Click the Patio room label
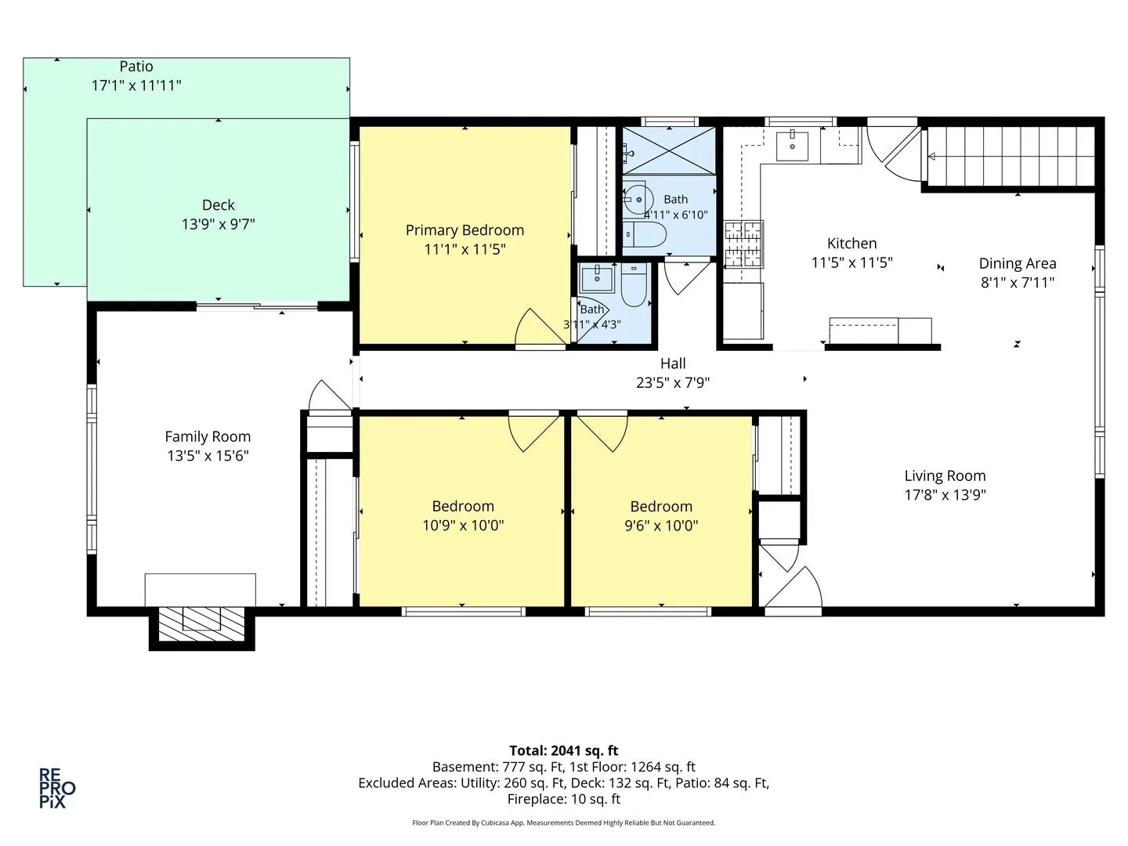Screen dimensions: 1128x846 (136, 67)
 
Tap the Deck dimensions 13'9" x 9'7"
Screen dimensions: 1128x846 (219, 225)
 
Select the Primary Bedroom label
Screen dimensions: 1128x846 (465, 230)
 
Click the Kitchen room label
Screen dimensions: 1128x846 (851, 244)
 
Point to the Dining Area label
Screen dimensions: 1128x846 (1018, 264)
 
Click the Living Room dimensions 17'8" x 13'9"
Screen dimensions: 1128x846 (945, 494)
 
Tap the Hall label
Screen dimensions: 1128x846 (673, 363)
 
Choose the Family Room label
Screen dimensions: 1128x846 (208, 437)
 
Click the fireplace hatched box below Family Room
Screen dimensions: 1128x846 (201, 624)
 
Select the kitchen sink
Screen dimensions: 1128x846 (792, 146)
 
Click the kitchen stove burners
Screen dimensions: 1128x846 (743, 244)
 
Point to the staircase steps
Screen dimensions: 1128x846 (1010, 156)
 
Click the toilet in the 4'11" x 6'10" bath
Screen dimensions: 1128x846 (645, 235)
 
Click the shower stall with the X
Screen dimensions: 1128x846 (669, 151)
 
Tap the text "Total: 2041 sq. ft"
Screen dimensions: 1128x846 (563, 751)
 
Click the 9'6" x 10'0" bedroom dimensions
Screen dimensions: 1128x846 (661, 526)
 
